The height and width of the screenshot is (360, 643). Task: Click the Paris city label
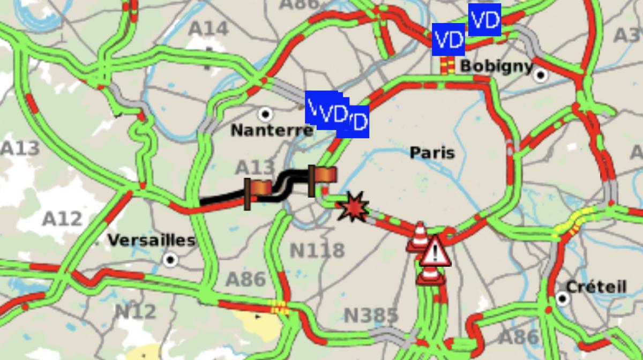(432, 153)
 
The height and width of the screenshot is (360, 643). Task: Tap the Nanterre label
(272, 130)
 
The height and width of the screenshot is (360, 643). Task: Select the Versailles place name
(151, 240)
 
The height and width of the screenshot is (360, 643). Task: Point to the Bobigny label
(496, 66)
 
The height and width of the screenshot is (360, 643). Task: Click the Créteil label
(596, 287)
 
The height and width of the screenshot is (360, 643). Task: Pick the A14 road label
(208, 28)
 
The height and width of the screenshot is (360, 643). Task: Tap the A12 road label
(62, 219)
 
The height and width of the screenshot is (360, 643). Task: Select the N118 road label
(317, 250)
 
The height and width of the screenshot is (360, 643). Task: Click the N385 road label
(371, 316)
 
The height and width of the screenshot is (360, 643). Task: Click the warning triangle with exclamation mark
(435, 252)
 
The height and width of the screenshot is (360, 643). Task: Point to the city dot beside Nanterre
(264, 114)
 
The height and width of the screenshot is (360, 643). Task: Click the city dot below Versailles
(170, 260)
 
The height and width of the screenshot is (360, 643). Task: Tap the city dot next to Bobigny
(541, 74)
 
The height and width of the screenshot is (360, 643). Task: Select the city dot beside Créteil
(562, 298)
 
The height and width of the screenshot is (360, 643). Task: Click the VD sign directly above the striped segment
(448, 40)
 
